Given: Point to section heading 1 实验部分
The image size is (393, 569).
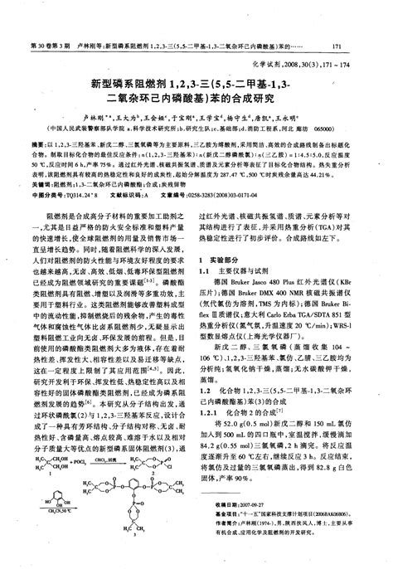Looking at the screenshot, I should (x=223, y=259).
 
